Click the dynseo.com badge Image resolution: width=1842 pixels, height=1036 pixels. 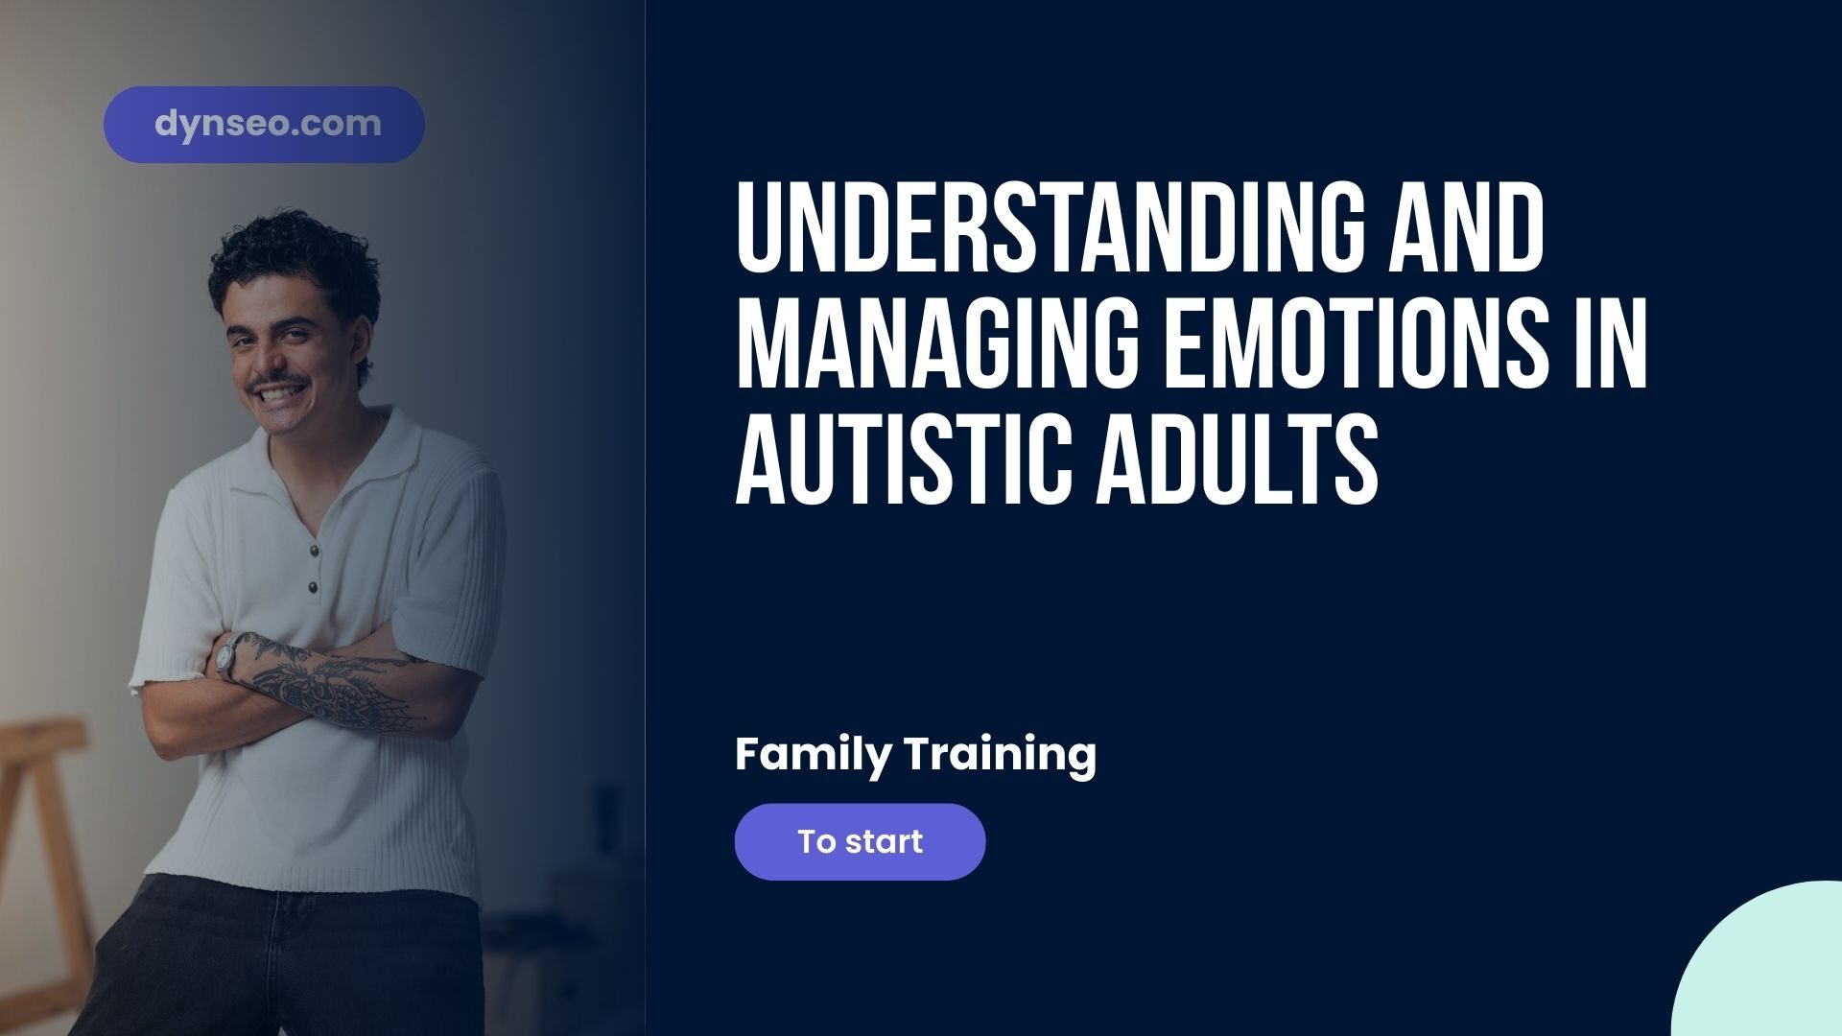pos(264,125)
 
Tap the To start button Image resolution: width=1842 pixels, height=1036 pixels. pos(860,841)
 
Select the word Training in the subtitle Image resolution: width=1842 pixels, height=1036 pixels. pos(1002,755)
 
